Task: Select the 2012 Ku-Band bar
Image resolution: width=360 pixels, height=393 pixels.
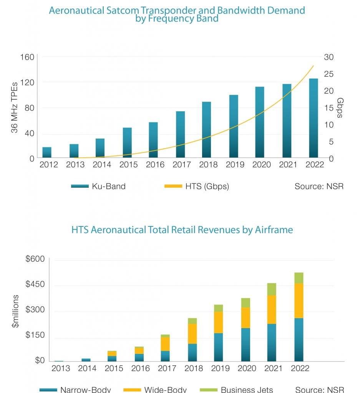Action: [x=47, y=152]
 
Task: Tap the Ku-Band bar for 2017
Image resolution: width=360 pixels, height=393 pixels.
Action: [x=181, y=134]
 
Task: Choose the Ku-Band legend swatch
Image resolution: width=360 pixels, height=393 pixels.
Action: [x=80, y=187]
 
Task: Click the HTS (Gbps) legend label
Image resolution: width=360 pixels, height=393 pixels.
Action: [x=207, y=187]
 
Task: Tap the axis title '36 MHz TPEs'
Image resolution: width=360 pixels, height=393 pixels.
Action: [x=14, y=107]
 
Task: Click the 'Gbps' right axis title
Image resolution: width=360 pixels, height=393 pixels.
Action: [x=340, y=108]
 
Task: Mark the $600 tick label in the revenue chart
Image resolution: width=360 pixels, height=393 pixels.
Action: [x=35, y=259]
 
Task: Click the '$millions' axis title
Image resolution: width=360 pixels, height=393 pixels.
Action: [x=15, y=311]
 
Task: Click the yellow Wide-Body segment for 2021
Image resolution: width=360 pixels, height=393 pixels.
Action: [x=271, y=309]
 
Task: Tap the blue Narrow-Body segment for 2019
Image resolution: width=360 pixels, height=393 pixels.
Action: [x=219, y=347]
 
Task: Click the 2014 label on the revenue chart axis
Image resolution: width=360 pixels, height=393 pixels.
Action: [x=87, y=368]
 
